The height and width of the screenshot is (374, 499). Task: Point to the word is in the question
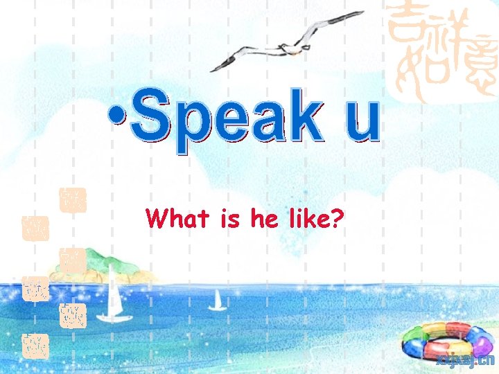tap(231, 220)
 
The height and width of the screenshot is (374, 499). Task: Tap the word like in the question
tap(306, 219)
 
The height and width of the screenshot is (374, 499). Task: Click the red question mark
tap(338, 219)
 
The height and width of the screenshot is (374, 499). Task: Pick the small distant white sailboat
tap(218, 301)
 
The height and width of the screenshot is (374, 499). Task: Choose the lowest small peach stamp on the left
tap(34, 344)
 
